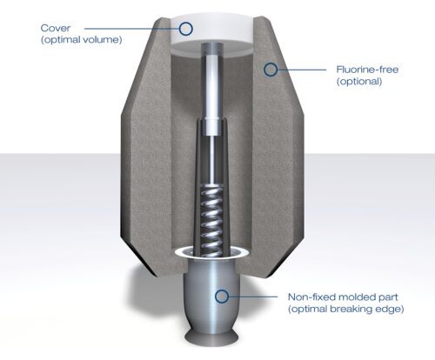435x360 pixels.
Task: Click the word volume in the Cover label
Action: [99, 41]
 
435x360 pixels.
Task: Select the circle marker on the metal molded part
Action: [223, 297]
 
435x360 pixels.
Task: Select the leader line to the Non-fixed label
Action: [257, 297]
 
